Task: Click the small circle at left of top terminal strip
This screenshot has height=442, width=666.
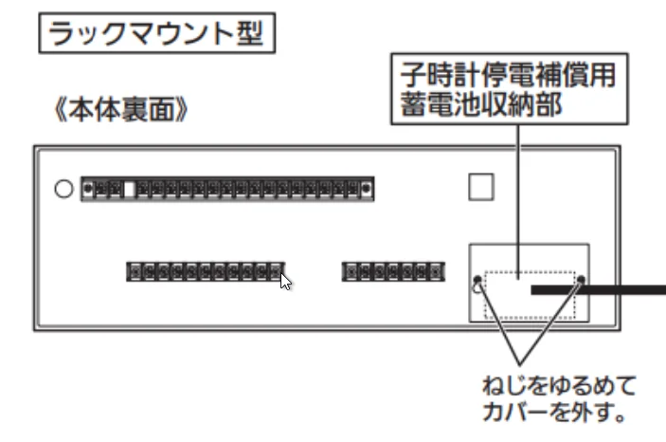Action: [63, 189]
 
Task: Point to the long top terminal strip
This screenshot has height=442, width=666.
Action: [227, 190]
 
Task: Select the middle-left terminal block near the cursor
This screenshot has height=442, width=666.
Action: [205, 272]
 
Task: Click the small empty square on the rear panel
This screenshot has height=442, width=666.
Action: [481, 187]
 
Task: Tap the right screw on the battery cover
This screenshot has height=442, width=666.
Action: [581, 282]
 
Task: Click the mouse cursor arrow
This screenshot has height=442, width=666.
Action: [285, 281]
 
